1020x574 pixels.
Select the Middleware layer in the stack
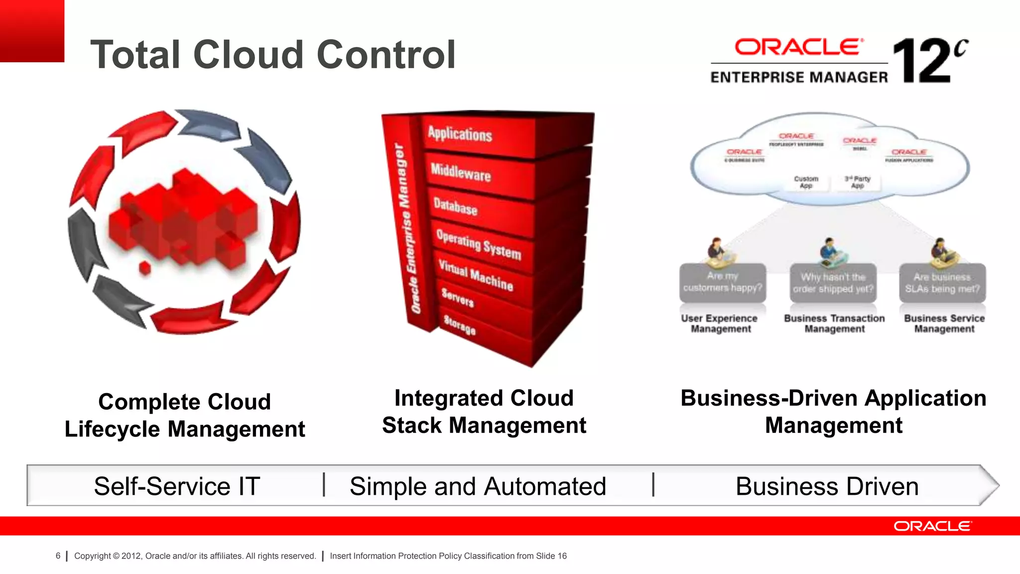pos(461,172)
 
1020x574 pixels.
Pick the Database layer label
pos(455,206)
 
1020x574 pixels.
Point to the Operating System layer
pos(478,245)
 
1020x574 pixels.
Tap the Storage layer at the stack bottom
pos(459,325)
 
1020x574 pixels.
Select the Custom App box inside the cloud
pos(806,182)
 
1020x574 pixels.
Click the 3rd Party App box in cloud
pos(857,182)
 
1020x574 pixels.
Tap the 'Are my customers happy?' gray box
pos(722,283)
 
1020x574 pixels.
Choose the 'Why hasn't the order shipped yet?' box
pos(833,283)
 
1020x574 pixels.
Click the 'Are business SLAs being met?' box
pos(942,283)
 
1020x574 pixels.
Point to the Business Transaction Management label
pos(834,323)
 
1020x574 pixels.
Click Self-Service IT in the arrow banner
pos(177,486)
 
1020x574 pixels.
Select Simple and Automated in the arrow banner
pos(477,486)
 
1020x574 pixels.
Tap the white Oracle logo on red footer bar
pos(932,526)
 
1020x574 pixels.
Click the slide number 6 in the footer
pos(58,556)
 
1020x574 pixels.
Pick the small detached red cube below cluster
pos(145,268)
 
